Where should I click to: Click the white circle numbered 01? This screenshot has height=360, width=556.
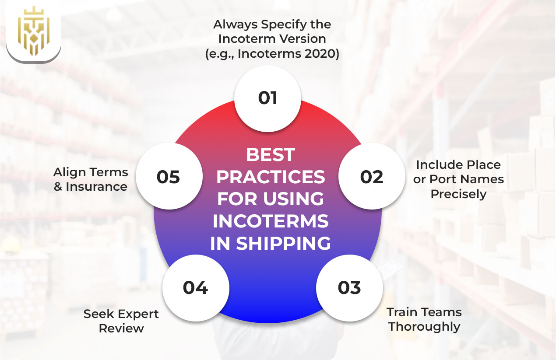click(x=267, y=98)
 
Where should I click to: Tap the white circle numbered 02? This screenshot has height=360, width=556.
click(x=372, y=177)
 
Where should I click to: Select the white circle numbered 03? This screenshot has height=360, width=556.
click(x=349, y=287)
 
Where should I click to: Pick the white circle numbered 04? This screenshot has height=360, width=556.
click(x=195, y=287)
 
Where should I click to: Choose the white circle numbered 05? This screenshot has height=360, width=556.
click(x=169, y=177)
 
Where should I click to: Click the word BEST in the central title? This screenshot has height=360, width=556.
click(x=271, y=155)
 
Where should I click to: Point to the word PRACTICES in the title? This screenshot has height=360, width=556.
click(x=271, y=177)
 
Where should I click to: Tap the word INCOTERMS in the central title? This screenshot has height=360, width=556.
click(x=271, y=221)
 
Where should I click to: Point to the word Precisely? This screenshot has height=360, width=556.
click(x=458, y=194)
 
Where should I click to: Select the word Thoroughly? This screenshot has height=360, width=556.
click(x=424, y=327)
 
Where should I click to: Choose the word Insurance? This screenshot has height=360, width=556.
click(x=97, y=187)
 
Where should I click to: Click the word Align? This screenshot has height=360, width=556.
click(x=70, y=172)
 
